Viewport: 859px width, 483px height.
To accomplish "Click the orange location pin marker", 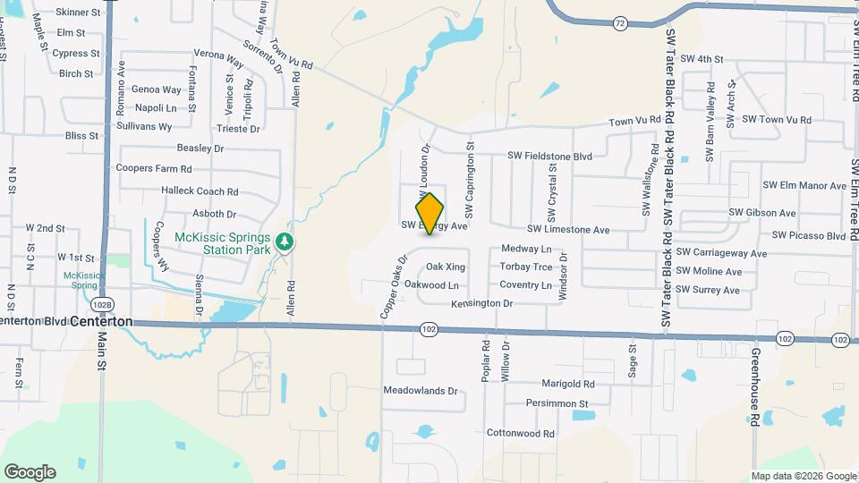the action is (429, 213).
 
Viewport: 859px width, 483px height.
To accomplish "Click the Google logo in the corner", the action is (30, 471).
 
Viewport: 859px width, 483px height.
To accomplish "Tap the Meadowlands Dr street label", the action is (420, 391).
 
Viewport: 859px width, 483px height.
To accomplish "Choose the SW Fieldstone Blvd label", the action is (550, 156).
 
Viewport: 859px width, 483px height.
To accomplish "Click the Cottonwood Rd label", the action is (521, 433).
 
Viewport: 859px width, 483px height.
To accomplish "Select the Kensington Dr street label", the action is (481, 303).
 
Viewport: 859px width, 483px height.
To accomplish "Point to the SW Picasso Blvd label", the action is (809, 235).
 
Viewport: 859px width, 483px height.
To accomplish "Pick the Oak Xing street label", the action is (446, 267).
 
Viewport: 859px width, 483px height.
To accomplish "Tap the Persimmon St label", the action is (557, 403).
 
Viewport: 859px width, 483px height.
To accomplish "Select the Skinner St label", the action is (78, 13).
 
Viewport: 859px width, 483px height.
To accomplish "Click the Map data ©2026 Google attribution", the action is (803, 476).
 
